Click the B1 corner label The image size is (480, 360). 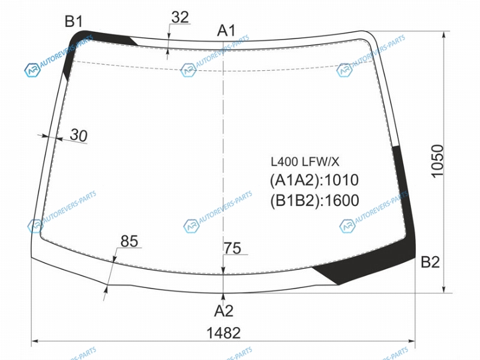coord(74,22)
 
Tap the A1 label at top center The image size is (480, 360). coord(227,31)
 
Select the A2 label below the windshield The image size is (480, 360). coord(224,311)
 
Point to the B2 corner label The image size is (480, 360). coord(430,262)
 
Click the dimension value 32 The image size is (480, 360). coord(180,17)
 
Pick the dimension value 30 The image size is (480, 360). coord(79,135)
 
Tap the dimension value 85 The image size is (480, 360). coord(129,241)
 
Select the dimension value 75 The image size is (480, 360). coord(233,248)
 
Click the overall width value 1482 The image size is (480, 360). coord(224,333)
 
